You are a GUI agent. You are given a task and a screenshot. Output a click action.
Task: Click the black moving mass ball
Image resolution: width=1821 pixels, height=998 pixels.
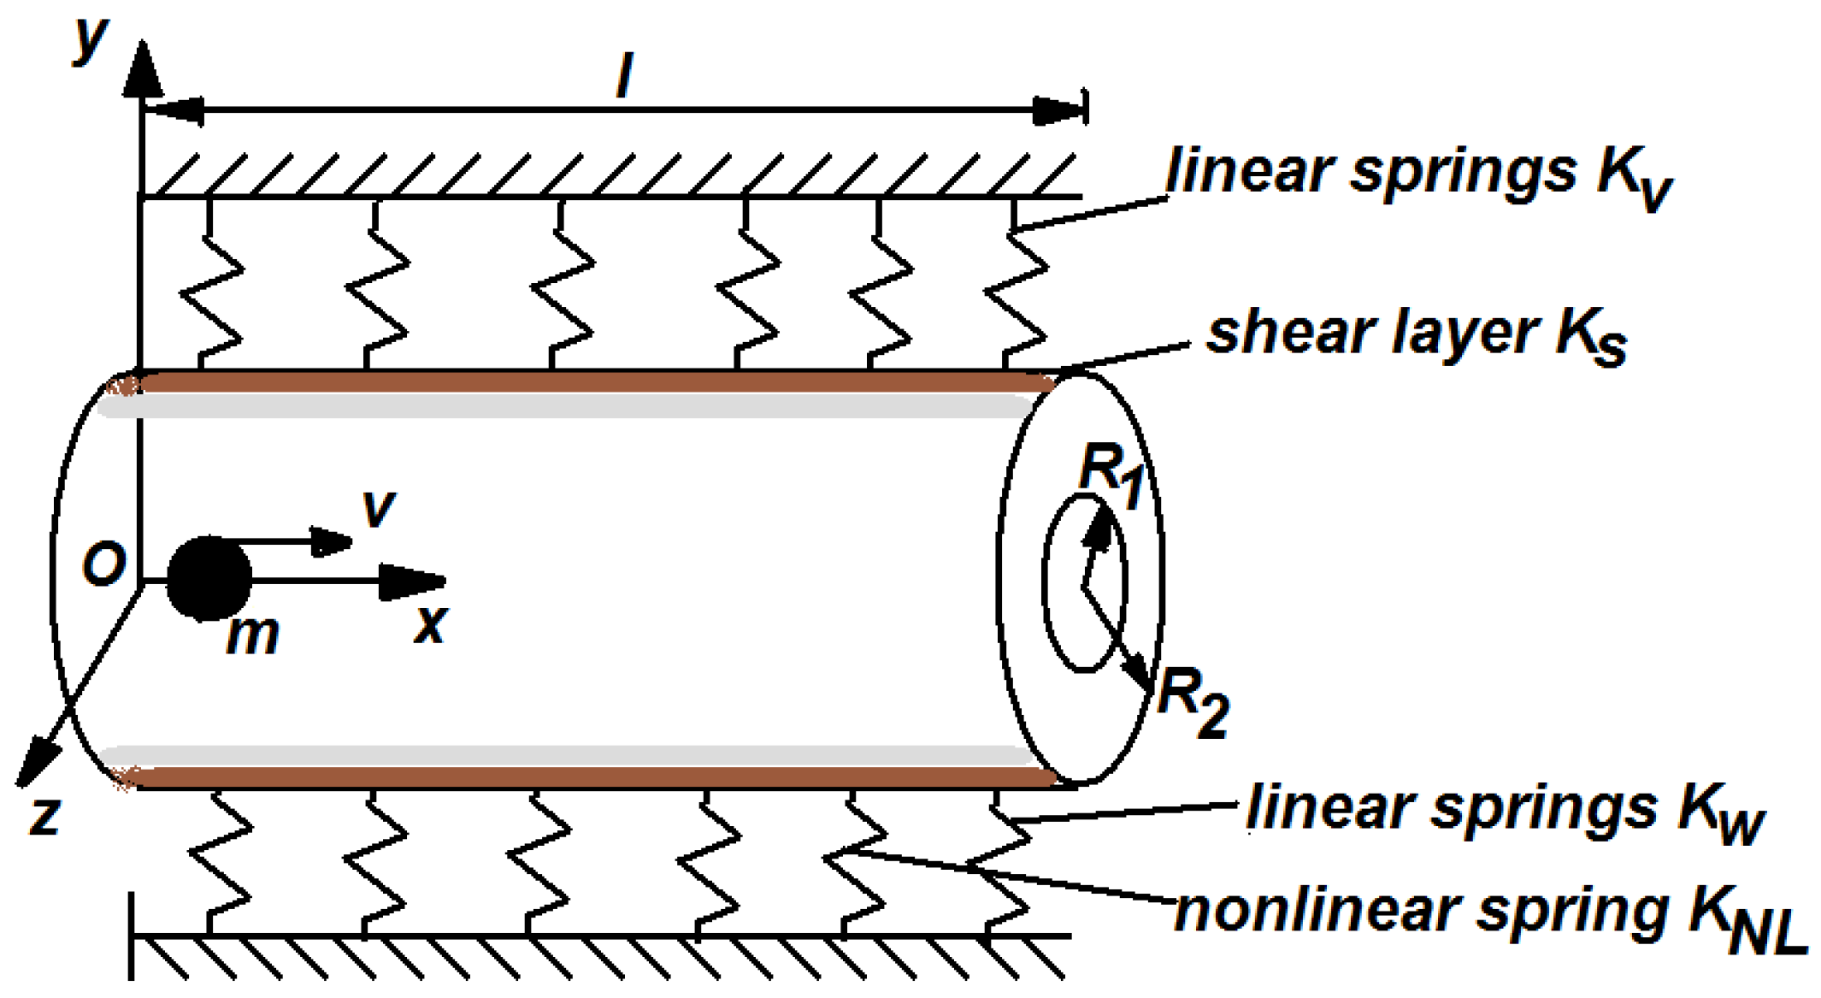(209, 578)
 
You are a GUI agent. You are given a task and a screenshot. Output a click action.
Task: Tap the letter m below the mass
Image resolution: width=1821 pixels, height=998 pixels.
(252, 635)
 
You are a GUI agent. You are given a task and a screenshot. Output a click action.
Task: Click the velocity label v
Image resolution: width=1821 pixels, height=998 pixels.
(378, 508)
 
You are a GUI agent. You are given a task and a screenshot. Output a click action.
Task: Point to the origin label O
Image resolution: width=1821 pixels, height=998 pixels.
(104, 565)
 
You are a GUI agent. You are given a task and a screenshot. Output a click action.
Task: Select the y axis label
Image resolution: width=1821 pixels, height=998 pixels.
(90, 38)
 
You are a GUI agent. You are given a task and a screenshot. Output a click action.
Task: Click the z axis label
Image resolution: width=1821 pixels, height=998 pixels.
(44, 815)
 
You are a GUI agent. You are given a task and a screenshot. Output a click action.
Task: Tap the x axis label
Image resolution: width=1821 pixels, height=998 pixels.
(430, 624)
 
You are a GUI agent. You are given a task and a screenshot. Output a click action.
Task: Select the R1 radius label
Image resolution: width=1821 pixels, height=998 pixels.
(1111, 476)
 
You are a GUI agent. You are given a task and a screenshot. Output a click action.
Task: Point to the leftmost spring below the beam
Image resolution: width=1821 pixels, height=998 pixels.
(219, 864)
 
